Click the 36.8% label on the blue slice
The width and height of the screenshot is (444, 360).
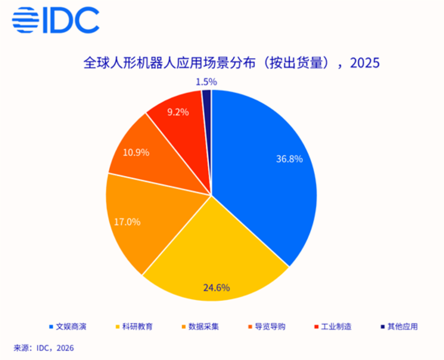click(x=289, y=159)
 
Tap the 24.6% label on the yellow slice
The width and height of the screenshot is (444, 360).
click(x=216, y=287)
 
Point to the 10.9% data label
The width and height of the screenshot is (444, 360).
click(x=136, y=152)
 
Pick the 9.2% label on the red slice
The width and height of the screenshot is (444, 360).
click(x=178, y=112)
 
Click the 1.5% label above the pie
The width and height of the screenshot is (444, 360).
click(x=206, y=82)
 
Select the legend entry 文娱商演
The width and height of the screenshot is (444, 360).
click(x=71, y=327)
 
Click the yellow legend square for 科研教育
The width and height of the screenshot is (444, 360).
click(x=117, y=327)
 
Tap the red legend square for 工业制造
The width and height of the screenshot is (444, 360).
click(x=316, y=327)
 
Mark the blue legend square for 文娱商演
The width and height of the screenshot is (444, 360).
click(x=51, y=327)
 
